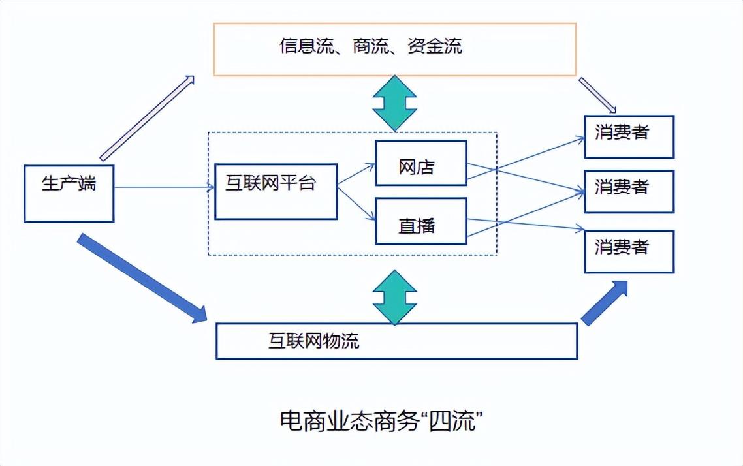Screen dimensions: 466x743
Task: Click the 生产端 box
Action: tap(69, 193)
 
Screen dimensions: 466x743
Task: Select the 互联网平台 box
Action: tap(276, 191)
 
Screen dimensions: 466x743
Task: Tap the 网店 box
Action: tap(420, 163)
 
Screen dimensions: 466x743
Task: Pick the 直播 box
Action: tap(420, 221)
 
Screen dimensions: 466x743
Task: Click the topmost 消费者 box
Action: tap(628, 136)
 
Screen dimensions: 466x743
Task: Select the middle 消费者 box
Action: tap(628, 191)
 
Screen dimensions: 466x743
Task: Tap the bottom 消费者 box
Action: tap(628, 251)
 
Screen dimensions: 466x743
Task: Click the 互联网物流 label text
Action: tap(314, 341)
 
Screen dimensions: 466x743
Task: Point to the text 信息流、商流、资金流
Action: tap(371, 46)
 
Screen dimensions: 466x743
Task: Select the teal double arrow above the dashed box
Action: tap(394, 103)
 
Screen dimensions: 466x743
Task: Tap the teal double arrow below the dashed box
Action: tap(394, 298)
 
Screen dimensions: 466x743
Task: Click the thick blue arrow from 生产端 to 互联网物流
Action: tap(140, 277)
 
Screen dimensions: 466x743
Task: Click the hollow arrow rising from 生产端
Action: tap(147, 117)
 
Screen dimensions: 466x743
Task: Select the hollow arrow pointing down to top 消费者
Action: tap(597, 95)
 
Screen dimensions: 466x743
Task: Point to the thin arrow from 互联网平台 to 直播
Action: tap(356, 204)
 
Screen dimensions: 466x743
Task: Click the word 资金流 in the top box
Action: tap(434, 46)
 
